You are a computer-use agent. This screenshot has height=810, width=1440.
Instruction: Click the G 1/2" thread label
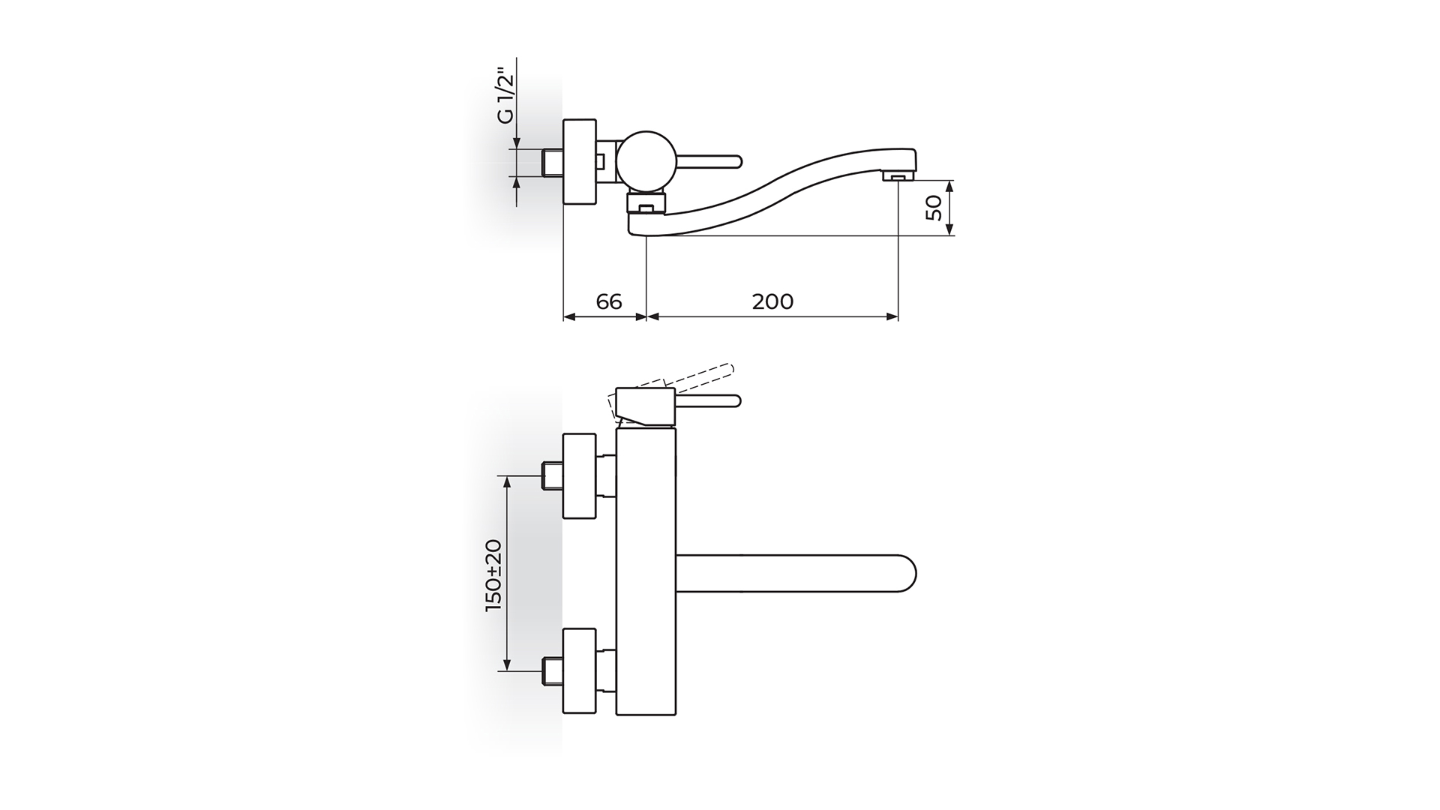(x=506, y=98)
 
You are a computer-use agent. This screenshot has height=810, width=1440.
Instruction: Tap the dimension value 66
(x=609, y=301)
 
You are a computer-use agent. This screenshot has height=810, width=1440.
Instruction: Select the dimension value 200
(x=772, y=301)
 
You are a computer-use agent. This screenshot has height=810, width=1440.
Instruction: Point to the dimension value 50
(x=934, y=208)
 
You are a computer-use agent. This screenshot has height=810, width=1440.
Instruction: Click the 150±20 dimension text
(x=493, y=575)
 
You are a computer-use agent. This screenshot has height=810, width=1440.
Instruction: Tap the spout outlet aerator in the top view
(x=898, y=176)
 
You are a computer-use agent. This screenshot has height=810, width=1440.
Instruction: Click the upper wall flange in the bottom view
(x=579, y=476)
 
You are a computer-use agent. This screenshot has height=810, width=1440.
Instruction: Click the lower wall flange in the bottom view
(x=579, y=671)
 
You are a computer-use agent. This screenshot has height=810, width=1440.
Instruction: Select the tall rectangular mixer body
(x=646, y=571)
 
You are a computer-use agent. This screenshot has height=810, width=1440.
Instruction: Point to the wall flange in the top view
(x=579, y=161)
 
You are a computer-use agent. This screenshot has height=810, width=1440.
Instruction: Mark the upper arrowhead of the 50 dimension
(x=949, y=185)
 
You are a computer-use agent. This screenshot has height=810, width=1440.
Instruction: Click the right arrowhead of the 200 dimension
(x=892, y=317)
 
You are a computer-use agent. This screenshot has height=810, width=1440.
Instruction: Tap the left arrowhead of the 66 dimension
(x=568, y=317)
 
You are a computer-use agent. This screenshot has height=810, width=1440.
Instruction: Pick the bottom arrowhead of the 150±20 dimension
(x=508, y=664)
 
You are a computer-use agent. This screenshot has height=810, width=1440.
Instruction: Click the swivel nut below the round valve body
(x=646, y=202)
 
